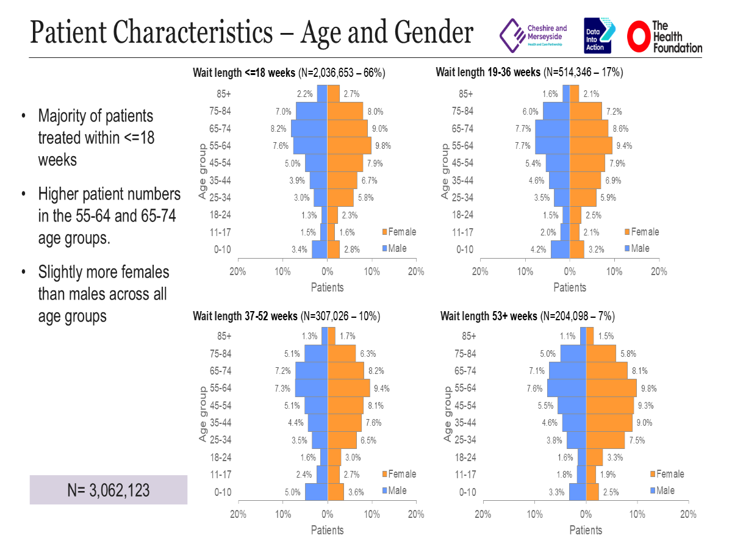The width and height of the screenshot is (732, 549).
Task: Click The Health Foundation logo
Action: coord(665,36)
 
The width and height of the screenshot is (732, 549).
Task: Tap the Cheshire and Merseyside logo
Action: coord(534,36)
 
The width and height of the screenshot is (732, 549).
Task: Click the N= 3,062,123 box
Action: coord(109,490)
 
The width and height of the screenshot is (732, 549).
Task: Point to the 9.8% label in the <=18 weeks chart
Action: coord(383,146)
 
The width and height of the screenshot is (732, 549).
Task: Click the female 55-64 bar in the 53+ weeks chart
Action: coord(611,388)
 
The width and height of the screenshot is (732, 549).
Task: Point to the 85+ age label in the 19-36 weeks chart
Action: coord(465,94)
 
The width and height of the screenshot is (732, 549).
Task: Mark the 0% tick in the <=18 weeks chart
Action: coord(327,271)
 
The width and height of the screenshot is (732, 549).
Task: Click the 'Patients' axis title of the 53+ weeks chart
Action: coord(586,530)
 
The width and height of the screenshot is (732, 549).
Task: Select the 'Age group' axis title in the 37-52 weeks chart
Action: coord(203,414)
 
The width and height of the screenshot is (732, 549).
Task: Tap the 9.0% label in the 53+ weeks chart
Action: coord(645,423)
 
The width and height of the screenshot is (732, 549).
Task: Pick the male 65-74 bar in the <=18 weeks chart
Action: coord(309,129)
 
